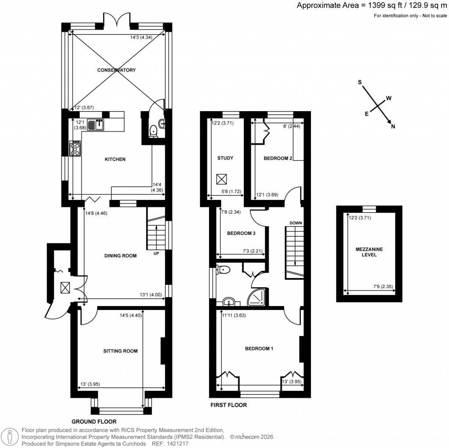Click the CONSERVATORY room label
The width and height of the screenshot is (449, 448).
117,70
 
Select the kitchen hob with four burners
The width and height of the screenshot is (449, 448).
75,148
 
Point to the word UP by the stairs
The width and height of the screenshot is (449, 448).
156,253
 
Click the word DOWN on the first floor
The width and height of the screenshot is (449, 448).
296,223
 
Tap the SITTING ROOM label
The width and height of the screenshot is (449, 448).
121,351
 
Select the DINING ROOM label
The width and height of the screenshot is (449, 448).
121,256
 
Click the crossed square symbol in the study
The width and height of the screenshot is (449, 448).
221,180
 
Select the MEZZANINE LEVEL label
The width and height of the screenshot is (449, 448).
369,252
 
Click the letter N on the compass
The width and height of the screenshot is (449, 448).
393,127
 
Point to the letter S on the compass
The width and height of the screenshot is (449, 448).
360,82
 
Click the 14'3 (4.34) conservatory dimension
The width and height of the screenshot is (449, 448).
141,38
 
